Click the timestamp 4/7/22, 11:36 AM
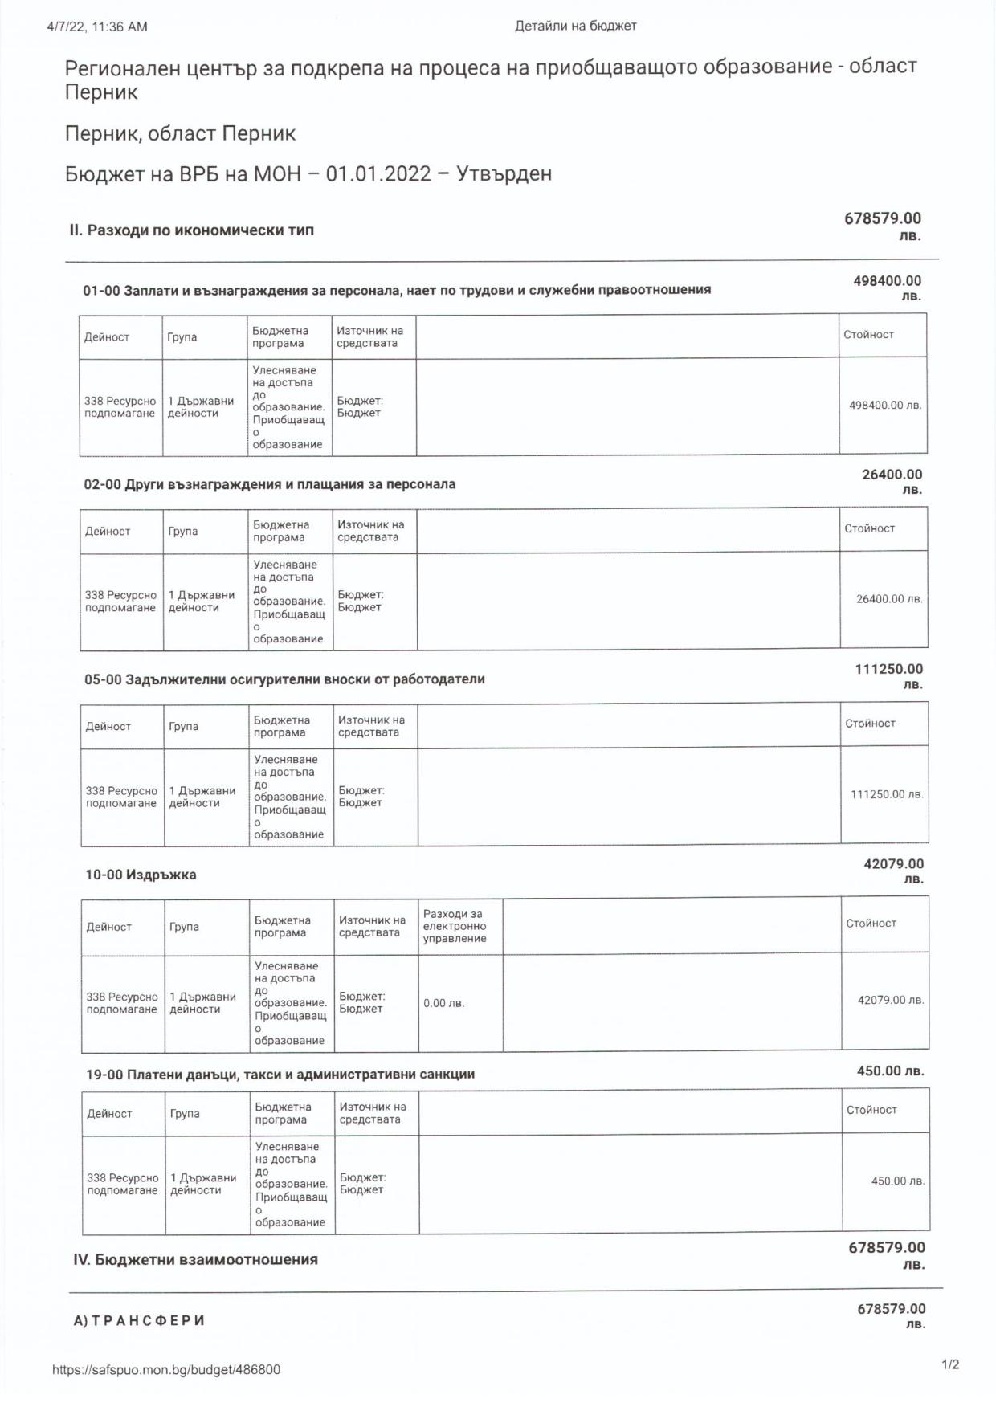(x=97, y=27)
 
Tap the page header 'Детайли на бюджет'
(x=575, y=26)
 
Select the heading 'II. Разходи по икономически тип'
(x=191, y=230)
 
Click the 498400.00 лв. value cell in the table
(x=884, y=406)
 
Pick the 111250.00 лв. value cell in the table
(x=886, y=794)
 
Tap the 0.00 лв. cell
(x=444, y=1003)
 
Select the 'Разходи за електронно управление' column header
(x=455, y=926)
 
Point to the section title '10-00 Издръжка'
(x=141, y=875)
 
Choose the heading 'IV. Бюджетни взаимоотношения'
(x=195, y=1259)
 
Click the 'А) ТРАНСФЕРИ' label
(x=139, y=1320)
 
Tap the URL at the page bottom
(x=166, y=1370)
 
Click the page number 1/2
(x=950, y=1364)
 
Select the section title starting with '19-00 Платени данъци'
(x=280, y=1074)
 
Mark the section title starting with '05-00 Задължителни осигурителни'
(x=284, y=679)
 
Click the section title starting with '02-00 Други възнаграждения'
(x=270, y=484)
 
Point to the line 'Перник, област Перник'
(x=180, y=133)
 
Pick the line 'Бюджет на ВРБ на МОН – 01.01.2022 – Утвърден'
(x=308, y=174)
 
